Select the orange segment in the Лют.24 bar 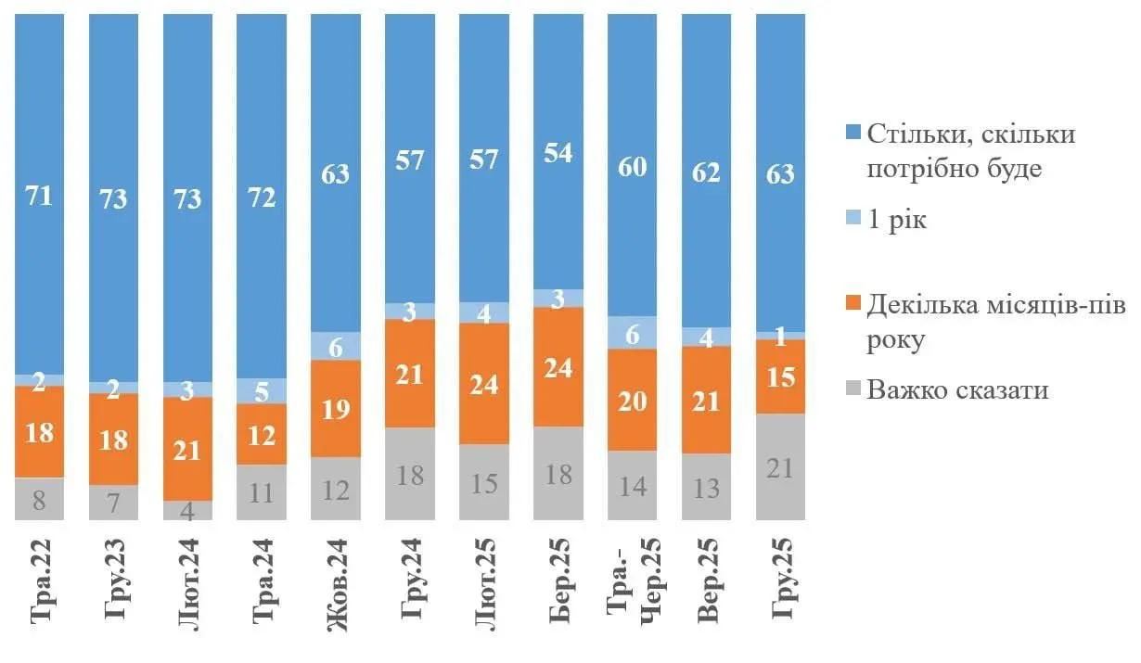point(187,449)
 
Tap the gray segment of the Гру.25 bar point(781,466)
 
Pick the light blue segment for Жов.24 point(336,346)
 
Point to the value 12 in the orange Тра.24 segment point(262,434)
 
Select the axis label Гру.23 point(114,585)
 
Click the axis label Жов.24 point(336,585)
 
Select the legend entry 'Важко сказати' point(957,389)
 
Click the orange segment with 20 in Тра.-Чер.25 point(633,400)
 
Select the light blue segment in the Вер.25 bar point(707,337)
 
